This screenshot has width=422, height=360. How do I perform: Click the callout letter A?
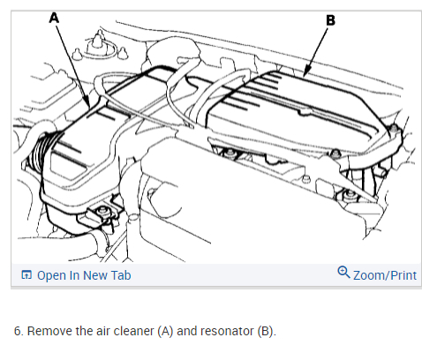pos(54,18)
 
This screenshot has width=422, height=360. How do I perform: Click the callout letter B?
pos(330,20)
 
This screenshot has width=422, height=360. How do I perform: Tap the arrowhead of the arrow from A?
pos(87,102)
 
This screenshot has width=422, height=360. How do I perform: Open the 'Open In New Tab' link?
pos(84,275)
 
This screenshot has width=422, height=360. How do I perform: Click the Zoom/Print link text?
pos(385,275)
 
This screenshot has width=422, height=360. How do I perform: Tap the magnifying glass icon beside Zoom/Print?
pos(343,272)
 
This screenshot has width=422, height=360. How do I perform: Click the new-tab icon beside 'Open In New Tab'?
pos(26,274)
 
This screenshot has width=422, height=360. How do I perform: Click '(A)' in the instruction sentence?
pos(165,332)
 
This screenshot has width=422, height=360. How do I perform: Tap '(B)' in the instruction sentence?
pos(266,332)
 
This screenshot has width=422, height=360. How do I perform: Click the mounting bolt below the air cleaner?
pos(102,210)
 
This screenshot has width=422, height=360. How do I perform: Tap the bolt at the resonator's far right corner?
pos(394,128)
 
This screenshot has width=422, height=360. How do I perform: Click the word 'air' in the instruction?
pos(103,332)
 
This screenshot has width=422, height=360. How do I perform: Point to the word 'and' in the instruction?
pos(187,331)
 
